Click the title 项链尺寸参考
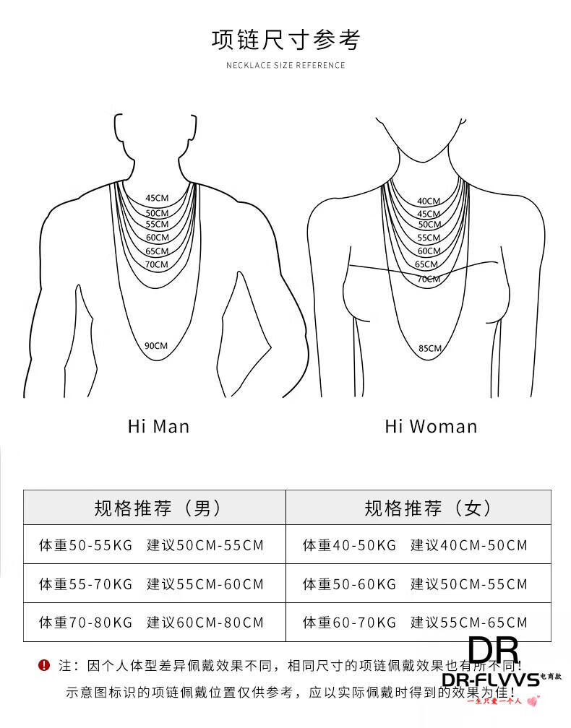(x=285, y=39)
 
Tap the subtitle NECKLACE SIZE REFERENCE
(x=285, y=65)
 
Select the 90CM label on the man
(x=155, y=346)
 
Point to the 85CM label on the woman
(x=429, y=348)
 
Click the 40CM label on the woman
(x=428, y=201)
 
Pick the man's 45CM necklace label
(x=157, y=198)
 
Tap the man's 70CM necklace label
(x=156, y=264)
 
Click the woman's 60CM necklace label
(x=429, y=251)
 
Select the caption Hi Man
(x=158, y=426)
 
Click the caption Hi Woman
(x=431, y=426)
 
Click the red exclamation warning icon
(x=44, y=664)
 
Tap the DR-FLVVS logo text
(x=491, y=680)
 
